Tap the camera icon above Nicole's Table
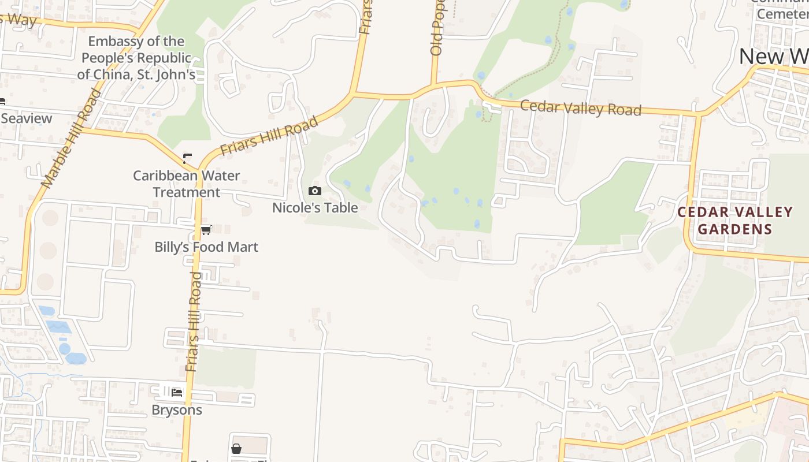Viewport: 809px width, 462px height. pyautogui.click(x=315, y=191)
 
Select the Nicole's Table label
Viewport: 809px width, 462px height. pyautogui.click(x=315, y=208)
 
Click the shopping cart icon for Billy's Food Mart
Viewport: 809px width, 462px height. pyautogui.click(x=206, y=230)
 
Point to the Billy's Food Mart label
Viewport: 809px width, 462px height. pyautogui.click(x=206, y=247)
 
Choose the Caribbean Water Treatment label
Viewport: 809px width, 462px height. pyautogui.click(x=187, y=184)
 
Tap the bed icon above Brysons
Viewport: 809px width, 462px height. pyautogui.click(x=177, y=393)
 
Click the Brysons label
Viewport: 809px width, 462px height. pyautogui.click(x=177, y=410)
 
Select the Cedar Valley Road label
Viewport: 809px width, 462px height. pyautogui.click(x=581, y=108)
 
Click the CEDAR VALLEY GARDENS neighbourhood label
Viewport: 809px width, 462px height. pyautogui.click(x=735, y=221)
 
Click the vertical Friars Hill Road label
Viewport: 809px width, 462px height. pyautogui.click(x=194, y=321)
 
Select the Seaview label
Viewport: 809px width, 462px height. pyautogui.click(x=27, y=118)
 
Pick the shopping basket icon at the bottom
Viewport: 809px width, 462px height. pyautogui.click(x=236, y=449)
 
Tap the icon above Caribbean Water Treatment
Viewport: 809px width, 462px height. pyautogui.click(x=187, y=158)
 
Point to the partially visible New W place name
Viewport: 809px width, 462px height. pyautogui.click(x=773, y=57)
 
